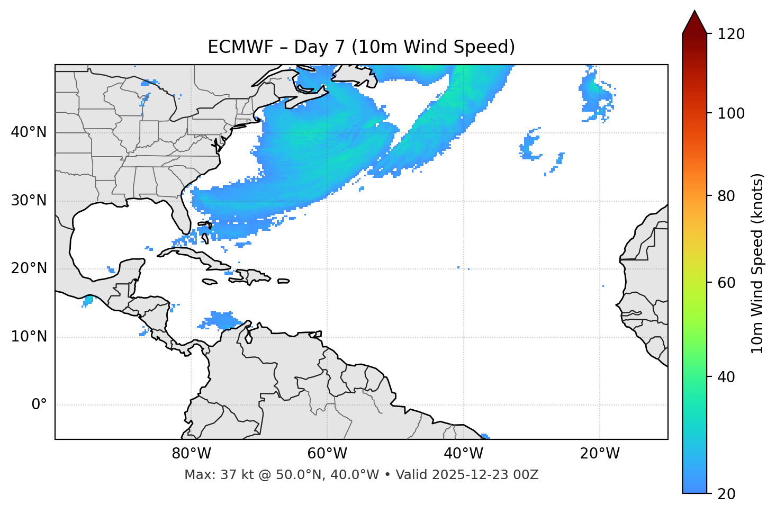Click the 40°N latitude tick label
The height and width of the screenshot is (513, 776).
coord(29,132)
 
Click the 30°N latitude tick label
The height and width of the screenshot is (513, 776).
coord(29,201)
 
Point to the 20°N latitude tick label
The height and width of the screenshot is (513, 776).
coord(29,268)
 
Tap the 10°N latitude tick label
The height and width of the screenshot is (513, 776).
coord(29,337)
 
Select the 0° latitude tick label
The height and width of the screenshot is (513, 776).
coord(39,405)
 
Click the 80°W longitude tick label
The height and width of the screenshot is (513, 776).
coord(191,454)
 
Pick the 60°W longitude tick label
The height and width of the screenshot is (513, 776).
coord(327,454)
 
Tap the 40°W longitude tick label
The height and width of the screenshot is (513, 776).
coord(463,454)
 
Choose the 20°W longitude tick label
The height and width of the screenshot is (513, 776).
coord(600,454)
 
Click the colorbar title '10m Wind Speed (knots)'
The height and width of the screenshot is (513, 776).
coord(757,263)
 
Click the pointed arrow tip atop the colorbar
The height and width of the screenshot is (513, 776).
coord(694,12)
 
